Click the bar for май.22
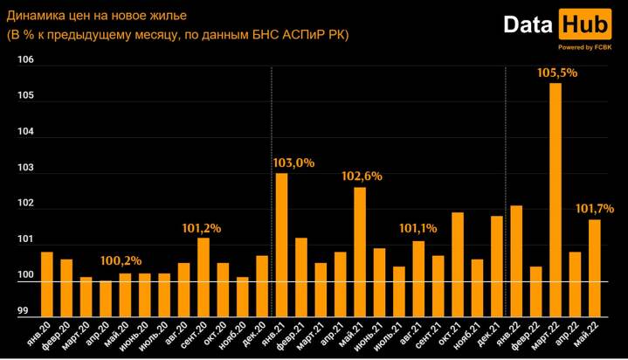point(594,267)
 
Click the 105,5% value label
point(556,73)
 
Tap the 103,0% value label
point(293,163)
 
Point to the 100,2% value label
point(121,260)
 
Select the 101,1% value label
point(418,228)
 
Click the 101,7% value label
point(595,209)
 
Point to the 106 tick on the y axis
point(24,59)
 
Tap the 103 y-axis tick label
point(24,168)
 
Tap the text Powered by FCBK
point(584,47)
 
